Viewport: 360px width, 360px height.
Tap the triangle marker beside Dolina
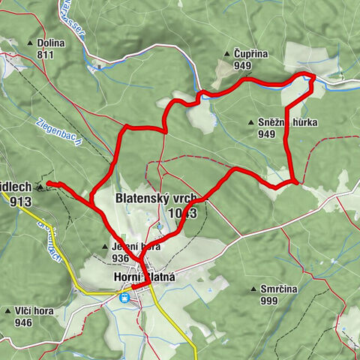(31, 43)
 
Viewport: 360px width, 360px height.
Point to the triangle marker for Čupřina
(226, 54)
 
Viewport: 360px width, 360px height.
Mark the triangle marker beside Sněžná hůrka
(250, 122)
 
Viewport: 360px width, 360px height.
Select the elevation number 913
(20, 201)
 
